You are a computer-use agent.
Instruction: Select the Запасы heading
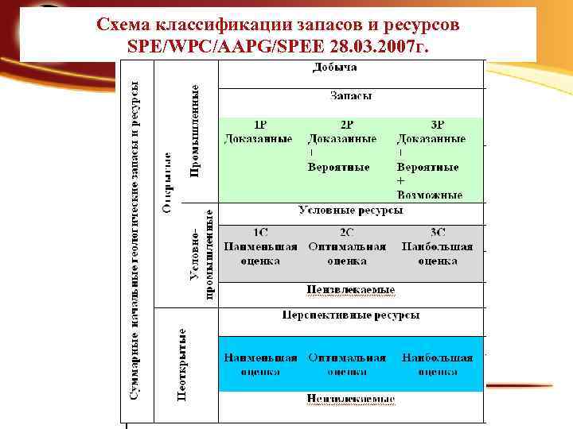click(x=351, y=96)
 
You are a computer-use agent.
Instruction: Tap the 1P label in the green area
click(x=260, y=126)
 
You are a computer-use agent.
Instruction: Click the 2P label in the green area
click(x=347, y=126)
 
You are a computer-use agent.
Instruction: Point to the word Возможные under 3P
click(x=429, y=194)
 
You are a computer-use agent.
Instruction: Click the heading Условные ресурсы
click(x=350, y=211)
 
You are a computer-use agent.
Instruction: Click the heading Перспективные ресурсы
click(x=350, y=315)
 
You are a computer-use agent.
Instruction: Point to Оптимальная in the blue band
click(x=347, y=357)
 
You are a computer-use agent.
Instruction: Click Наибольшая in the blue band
click(x=438, y=357)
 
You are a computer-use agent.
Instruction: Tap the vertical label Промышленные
click(x=195, y=131)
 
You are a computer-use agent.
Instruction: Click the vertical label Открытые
click(x=168, y=183)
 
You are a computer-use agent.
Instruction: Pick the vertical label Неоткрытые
click(x=182, y=364)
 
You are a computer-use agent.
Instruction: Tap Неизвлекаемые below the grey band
click(x=351, y=290)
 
